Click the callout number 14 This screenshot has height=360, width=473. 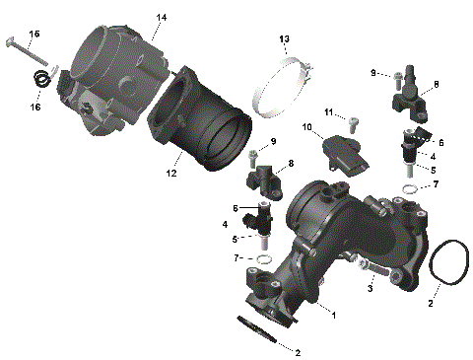point(162,18)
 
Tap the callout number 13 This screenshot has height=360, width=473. point(284,38)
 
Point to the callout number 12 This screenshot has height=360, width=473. point(170,174)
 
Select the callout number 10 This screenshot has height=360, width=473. point(306,127)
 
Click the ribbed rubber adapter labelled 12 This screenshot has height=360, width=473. point(202,122)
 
